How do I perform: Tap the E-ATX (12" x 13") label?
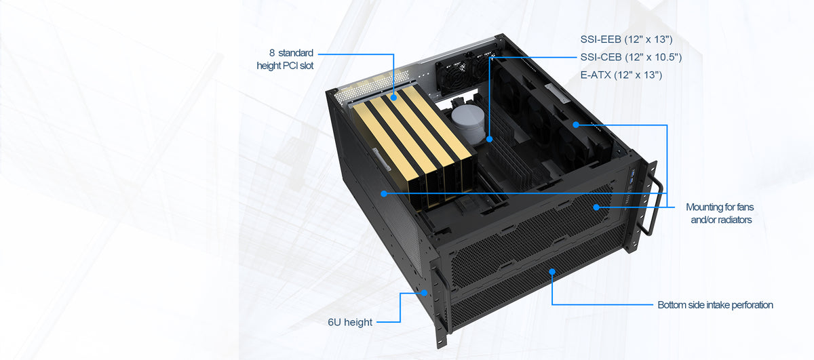point(621,75)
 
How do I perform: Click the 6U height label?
point(349,322)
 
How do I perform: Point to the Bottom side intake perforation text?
point(715,305)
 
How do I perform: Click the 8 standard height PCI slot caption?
point(280,59)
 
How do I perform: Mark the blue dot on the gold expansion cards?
point(393,98)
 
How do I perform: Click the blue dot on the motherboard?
point(490,139)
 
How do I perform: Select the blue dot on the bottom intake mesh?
point(553,271)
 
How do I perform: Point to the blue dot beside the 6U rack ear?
point(425,293)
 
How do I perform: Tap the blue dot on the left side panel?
point(384,193)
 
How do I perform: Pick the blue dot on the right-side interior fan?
point(575,125)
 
